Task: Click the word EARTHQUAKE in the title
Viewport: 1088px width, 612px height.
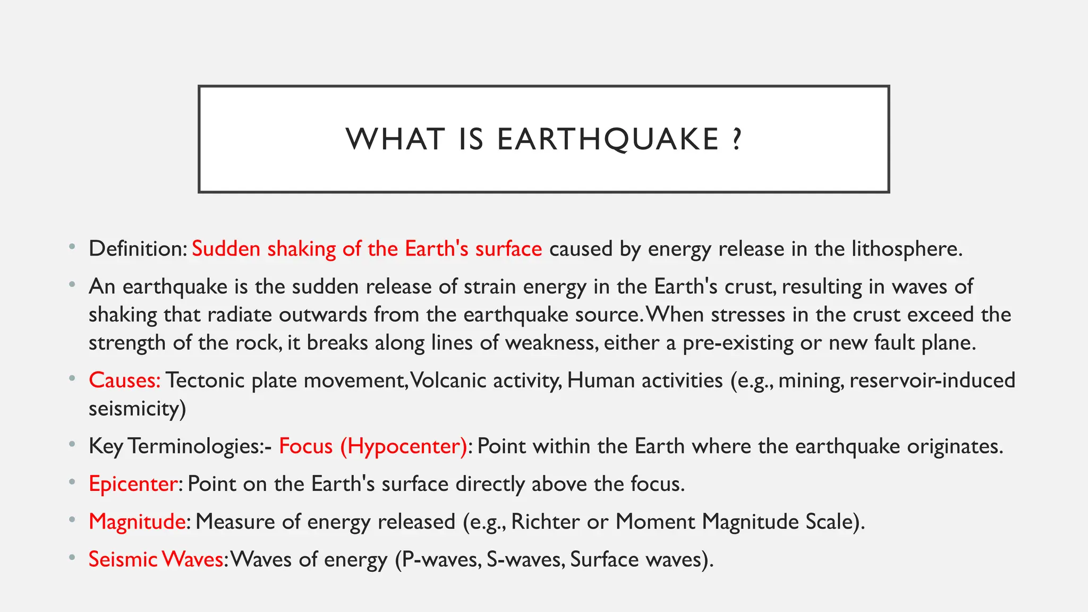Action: pos(608,139)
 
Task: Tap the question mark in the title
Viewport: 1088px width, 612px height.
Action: pos(736,139)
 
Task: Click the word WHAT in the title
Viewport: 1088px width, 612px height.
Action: pos(395,139)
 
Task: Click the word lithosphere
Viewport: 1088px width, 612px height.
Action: pos(906,249)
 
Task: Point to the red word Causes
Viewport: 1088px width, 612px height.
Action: pos(124,380)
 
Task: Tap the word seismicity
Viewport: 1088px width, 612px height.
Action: pos(137,409)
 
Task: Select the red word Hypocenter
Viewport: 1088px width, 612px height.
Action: pos(404,446)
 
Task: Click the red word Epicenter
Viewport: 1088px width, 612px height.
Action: pos(133,483)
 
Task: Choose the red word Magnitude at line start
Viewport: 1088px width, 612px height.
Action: pos(137,521)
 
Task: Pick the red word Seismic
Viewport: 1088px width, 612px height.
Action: pos(123,559)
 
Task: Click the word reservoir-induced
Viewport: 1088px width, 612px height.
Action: pos(932,380)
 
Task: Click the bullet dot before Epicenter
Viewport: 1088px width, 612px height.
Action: pos(72,483)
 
